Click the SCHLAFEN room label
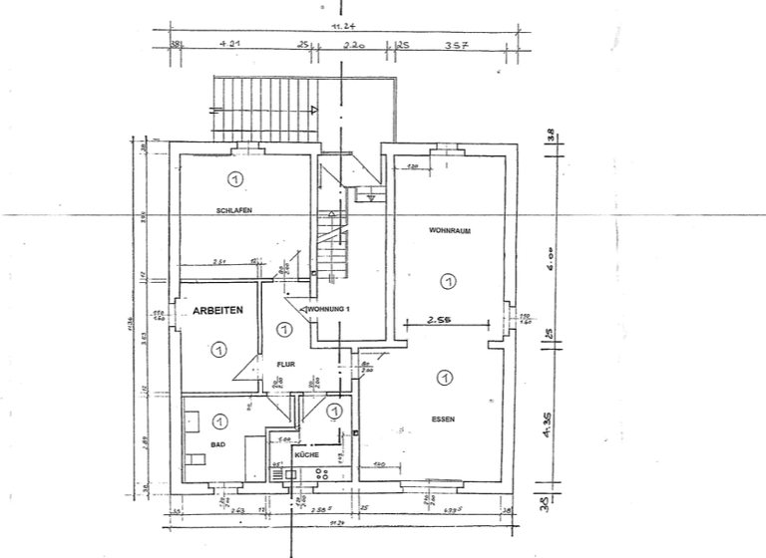coord(232,210)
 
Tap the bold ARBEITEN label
coord(218,311)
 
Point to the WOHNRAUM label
coord(450,231)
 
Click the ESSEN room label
coord(444,419)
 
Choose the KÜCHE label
coord(306,454)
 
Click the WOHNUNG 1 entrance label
coord(328,310)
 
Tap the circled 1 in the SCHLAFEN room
coord(235,179)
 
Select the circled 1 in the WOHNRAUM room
coord(447,283)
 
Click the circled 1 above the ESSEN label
coord(444,378)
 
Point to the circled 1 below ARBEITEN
coord(217,349)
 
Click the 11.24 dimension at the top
coord(339,27)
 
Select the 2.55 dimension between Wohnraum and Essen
coord(440,321)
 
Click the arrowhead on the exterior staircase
coord(313,110)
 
